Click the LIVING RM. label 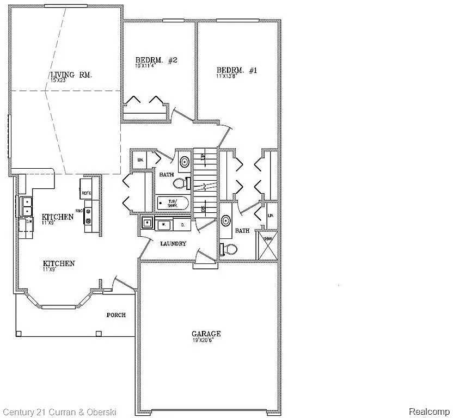[x=71, y=75]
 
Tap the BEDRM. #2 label [x=156, y=60]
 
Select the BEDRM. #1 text [x=236, y=70]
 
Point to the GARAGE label [x=206, y=334]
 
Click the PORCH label [x=116, y=315]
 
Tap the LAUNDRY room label [x=173, y=243]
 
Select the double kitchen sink [x=26, y=206]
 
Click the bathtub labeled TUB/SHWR [x=173, y=204]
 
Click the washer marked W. [x=163, y=224]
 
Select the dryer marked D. [x=182, y=224]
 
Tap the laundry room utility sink [x=147, y=223]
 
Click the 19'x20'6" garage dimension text [x=206, y=341]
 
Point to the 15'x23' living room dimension [x=57, y=81]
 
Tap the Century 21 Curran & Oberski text [x=58, y=412]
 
